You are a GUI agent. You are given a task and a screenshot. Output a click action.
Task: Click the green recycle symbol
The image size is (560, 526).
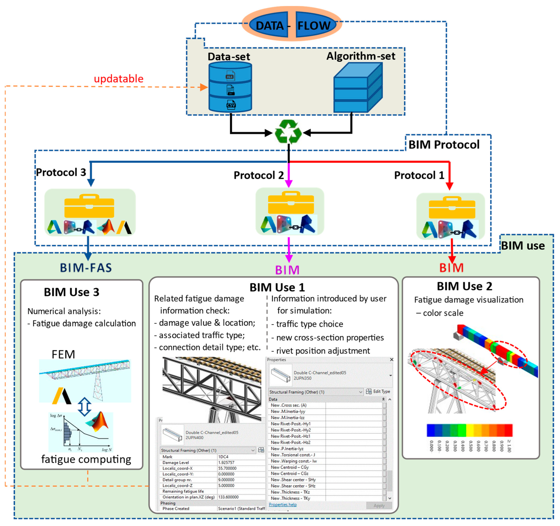[x=288, y=132]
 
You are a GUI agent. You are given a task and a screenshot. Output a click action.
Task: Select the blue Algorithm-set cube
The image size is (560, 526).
[x=358, y=88]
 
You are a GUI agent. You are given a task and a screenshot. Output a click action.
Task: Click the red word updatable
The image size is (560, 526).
[x=119, y=79]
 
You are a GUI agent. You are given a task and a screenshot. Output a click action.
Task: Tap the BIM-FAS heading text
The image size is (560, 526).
[x=86, y=268]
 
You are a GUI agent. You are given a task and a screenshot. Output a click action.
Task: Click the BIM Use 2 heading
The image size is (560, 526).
[x=464, y=286]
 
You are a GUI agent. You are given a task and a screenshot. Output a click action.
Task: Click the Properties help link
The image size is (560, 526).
[x=282, y=505]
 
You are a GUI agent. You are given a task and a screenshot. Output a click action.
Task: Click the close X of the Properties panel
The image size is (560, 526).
[x=391, y=360]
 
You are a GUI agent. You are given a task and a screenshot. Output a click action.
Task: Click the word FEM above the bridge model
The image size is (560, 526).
[x=63, y=354]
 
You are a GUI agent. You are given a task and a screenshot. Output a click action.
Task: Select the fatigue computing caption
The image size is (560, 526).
[x=86, y=459]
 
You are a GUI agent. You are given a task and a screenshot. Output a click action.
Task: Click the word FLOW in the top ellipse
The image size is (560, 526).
[x=314, y=26]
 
